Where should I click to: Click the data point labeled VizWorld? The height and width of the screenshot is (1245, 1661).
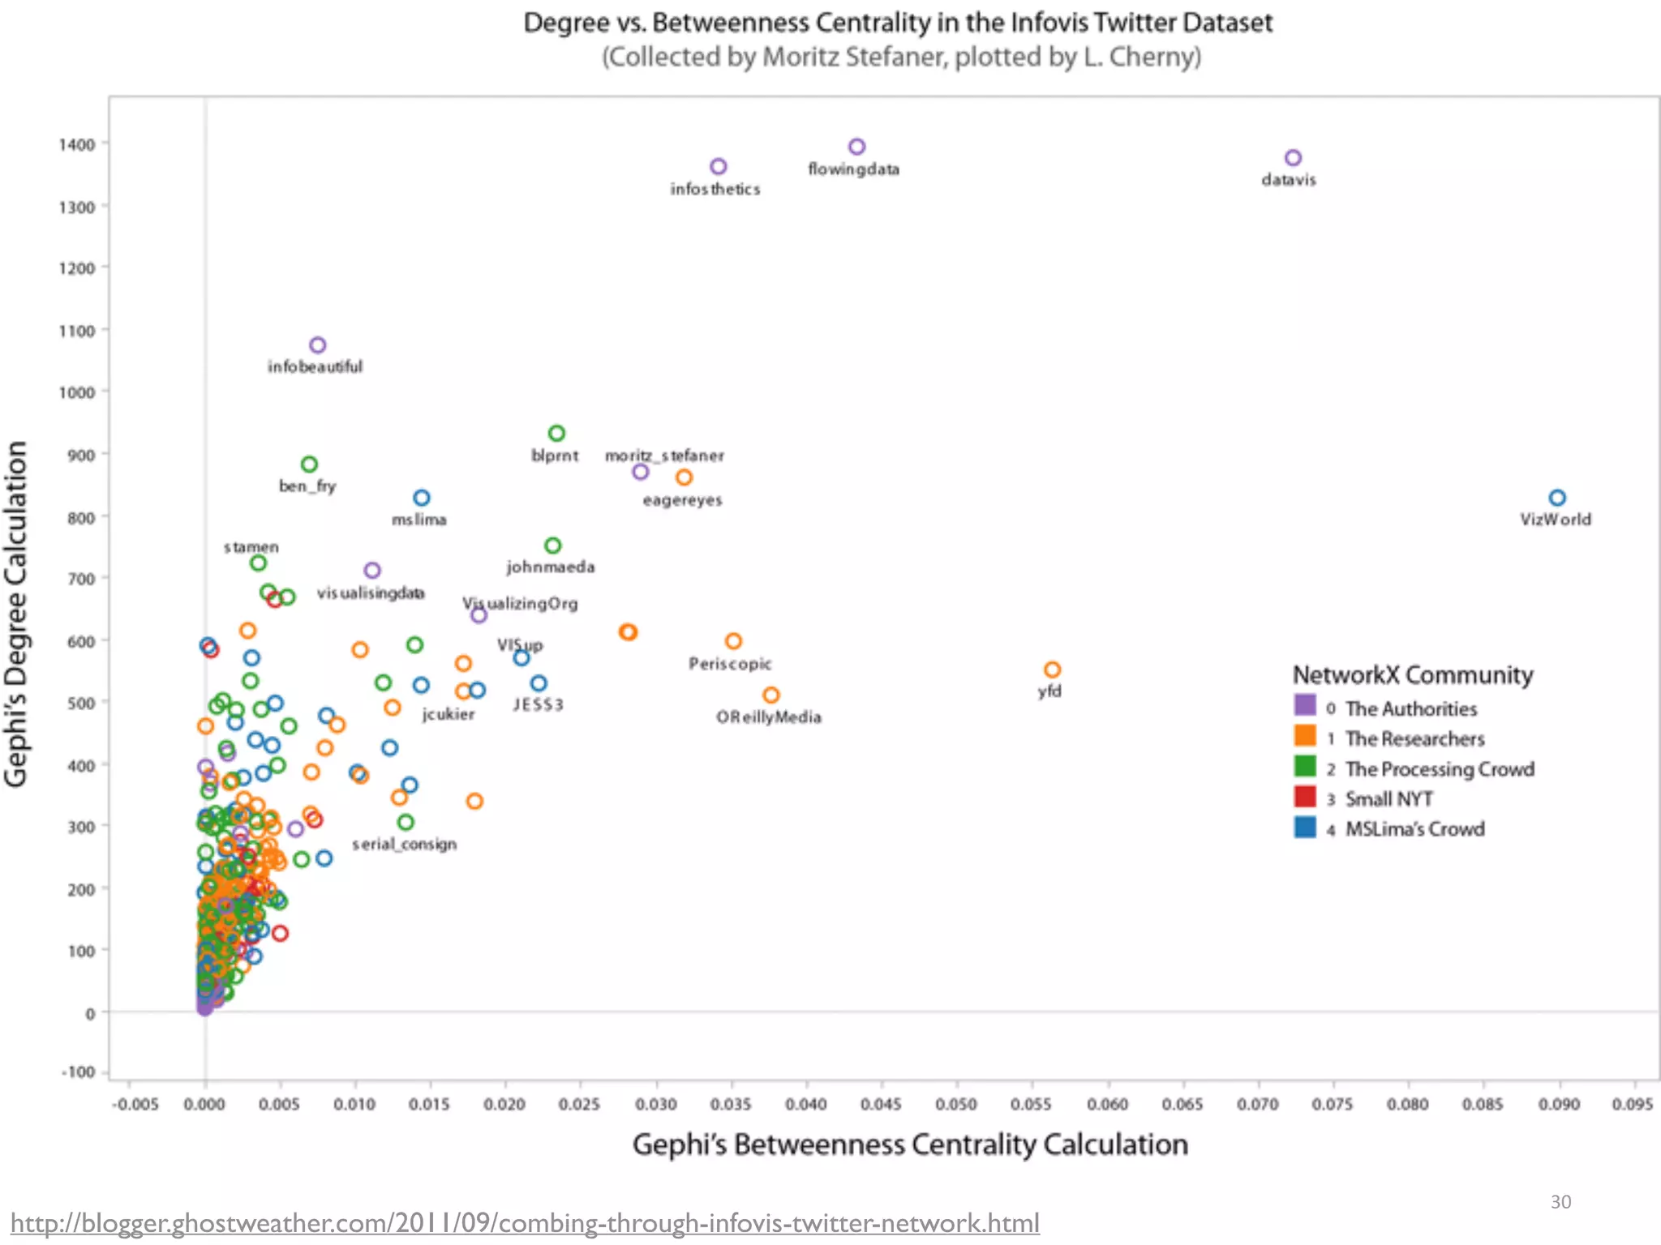(1556, 498)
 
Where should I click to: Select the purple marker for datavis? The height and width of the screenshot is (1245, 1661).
(1293, 157)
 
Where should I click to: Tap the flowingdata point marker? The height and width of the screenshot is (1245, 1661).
(856, 147)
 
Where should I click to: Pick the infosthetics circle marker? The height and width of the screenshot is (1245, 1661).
(718, 166)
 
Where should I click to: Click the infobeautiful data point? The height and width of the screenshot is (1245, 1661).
(318, 345)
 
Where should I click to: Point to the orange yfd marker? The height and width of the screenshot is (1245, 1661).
(1052, 670)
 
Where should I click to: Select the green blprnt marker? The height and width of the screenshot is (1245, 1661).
(556, 434)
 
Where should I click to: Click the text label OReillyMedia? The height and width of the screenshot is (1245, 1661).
(768, 717)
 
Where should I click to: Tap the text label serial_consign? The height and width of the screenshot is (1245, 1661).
(404, 844)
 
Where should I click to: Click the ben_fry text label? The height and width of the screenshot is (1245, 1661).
(307, 486)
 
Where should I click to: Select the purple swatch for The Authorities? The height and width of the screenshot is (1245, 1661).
(1305, 704)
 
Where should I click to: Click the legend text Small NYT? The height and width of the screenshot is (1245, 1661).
(1388, 799)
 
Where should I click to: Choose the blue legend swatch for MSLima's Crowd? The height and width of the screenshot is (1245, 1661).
(1305, 827)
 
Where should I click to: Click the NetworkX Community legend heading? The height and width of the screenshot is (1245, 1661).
(1412, 674)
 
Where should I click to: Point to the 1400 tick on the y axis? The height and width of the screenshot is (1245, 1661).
(77, 144)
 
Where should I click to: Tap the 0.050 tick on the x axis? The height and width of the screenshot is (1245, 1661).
(956, 1104)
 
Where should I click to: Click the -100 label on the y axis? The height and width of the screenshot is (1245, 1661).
(79, 1072)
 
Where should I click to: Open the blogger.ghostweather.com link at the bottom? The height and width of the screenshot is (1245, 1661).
(525, 1222)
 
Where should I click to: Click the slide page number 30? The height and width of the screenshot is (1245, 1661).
(1560, 1201)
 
